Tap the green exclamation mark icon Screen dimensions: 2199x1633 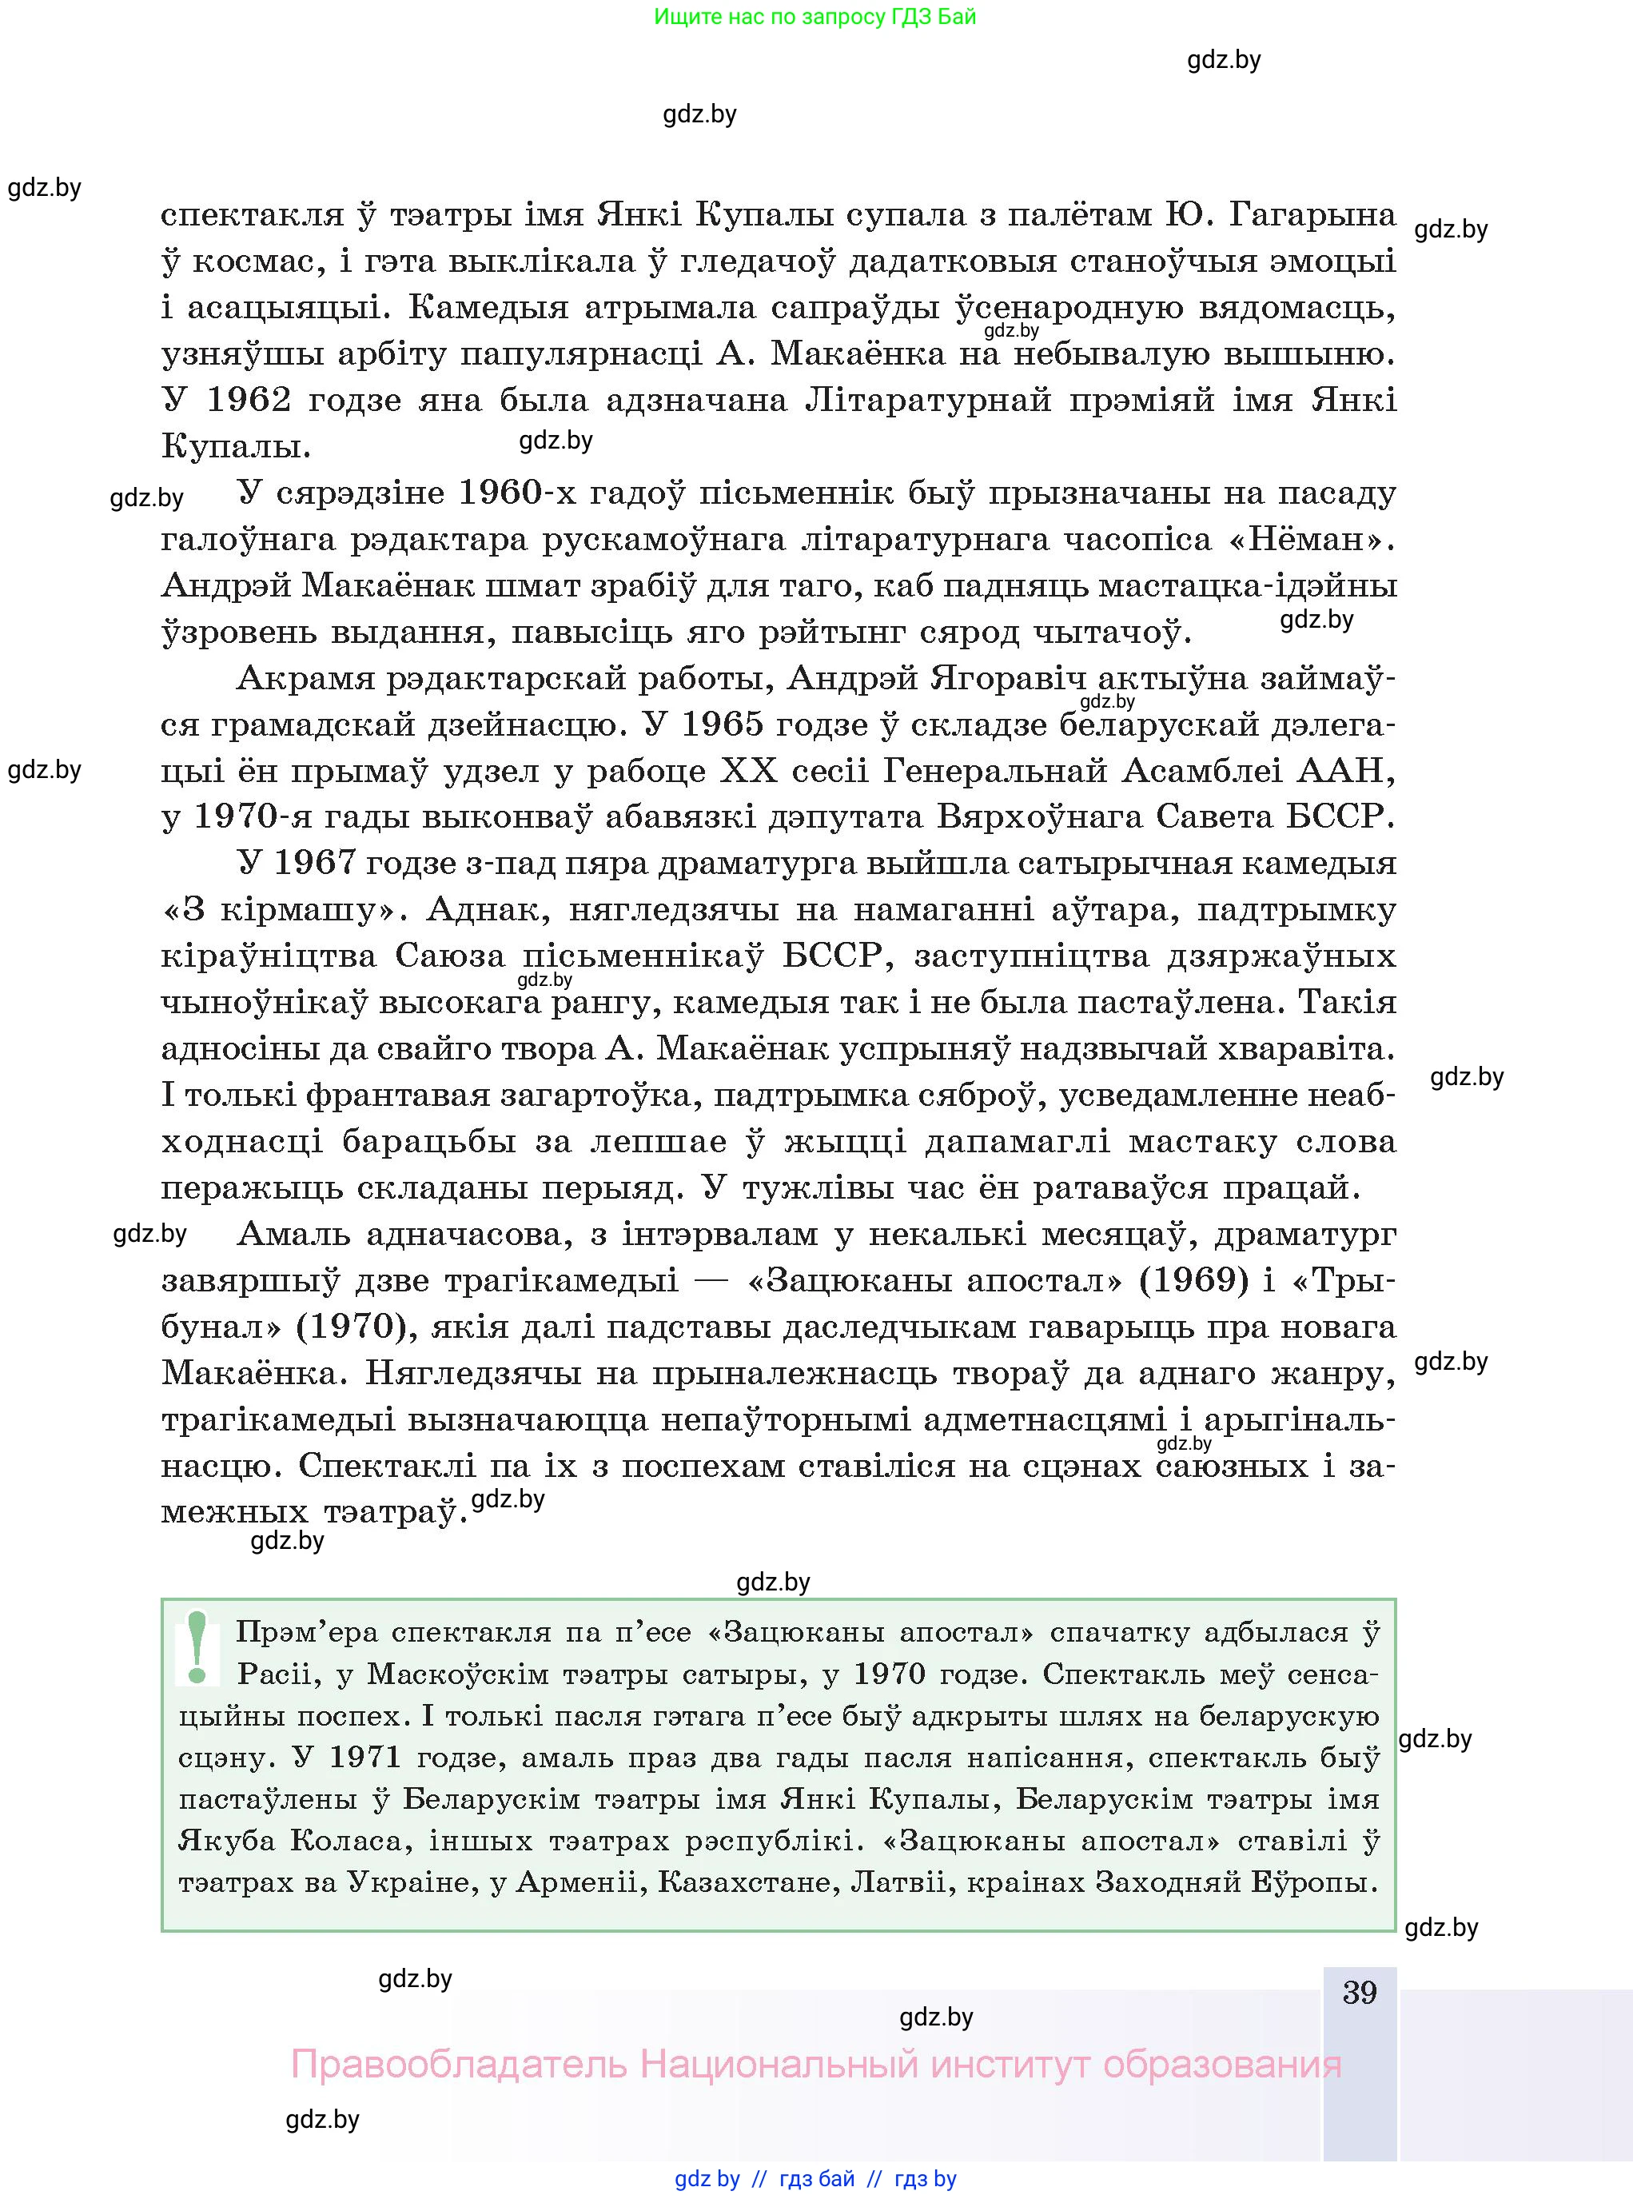click(197, 1647)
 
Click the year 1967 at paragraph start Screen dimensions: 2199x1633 click(313, 863)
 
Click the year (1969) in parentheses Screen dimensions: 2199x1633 click(1194, 1280)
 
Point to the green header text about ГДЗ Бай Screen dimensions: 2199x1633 click(815, 17)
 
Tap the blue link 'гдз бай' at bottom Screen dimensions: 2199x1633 click(817, 2179)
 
